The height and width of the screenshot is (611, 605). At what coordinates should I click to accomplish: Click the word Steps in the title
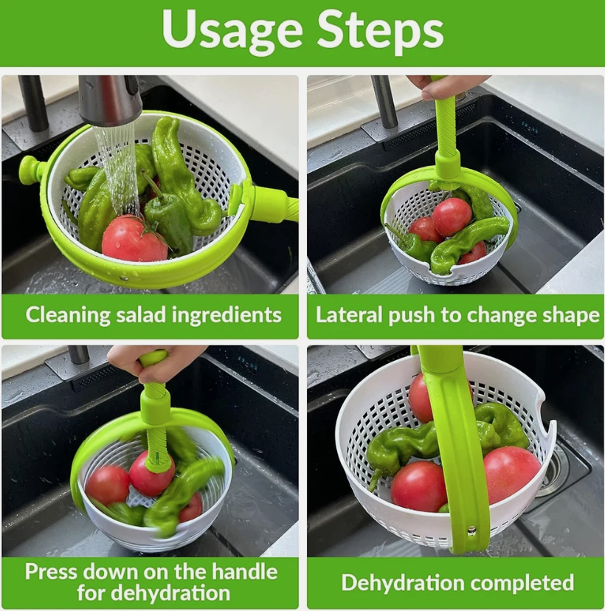click(381, 31)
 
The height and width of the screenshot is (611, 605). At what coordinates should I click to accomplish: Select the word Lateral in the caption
click(346, 316)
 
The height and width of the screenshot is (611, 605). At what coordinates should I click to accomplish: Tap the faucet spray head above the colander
click(111, 100)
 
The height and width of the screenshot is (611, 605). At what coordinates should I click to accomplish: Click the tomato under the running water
click(133, 240)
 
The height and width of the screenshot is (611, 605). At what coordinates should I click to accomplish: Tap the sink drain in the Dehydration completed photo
click(555, 469)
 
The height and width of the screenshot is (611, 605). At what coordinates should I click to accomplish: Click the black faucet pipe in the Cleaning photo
click(33, 103)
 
